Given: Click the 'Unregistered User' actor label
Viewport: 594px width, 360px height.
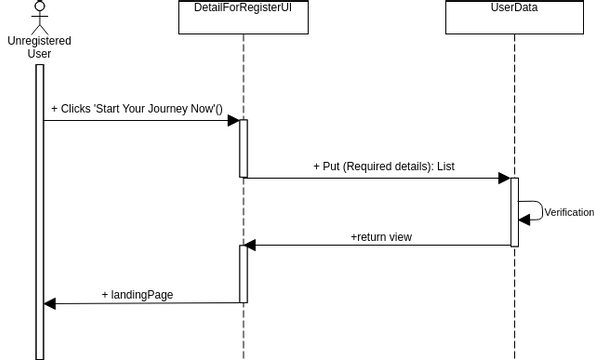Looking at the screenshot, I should click(x=38, y=47).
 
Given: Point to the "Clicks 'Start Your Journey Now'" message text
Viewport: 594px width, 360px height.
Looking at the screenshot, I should click(x=136, y=108).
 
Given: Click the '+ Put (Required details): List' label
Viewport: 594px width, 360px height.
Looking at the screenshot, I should click(x=383, y=166).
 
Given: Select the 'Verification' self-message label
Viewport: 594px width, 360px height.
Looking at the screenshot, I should click(x=569, y=213).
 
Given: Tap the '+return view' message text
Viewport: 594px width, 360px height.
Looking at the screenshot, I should click(x=381, y=237).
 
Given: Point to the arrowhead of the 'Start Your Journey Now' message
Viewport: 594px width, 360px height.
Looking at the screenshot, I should click(x=234, y=121).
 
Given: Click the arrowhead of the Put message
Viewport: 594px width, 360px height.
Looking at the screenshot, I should click(x=505, y=178).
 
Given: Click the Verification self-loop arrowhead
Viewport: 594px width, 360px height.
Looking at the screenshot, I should click(x=524, y=221).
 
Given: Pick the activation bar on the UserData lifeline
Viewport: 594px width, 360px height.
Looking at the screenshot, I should click(x=514, y=211).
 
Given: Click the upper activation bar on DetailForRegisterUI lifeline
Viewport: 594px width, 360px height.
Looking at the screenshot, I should click(x=243, y=148).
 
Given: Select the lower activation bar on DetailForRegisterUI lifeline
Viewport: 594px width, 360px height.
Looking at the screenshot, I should click(x=243, y=273).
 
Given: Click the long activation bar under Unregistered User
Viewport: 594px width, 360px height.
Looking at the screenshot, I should click(x=40, y=210).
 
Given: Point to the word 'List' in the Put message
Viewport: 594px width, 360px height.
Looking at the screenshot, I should click(x=446, y=166).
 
